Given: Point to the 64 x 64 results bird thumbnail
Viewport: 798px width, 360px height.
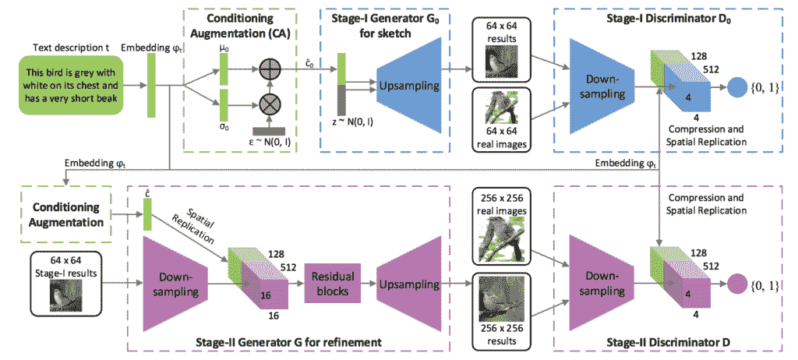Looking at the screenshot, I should (x=496, y=62).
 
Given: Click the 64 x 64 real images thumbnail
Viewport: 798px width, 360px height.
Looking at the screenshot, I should (x=496, y=111).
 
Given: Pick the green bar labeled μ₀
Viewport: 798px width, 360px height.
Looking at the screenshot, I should (x=224, y=69).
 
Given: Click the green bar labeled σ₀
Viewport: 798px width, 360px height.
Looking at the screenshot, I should (x=224, y=104).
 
